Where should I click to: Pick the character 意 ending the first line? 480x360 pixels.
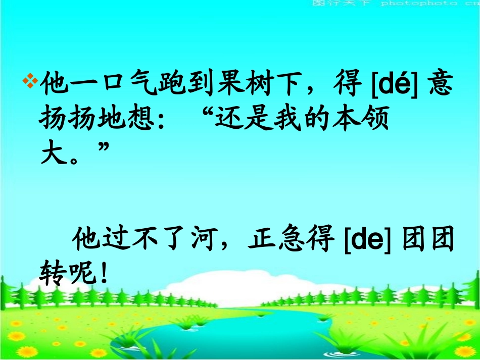tap(441, 83)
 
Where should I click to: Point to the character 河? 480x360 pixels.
tap(202, 241)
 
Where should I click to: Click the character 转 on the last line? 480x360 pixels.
tap(52, 273)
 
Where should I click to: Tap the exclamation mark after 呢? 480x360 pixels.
tap(104, 273)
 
